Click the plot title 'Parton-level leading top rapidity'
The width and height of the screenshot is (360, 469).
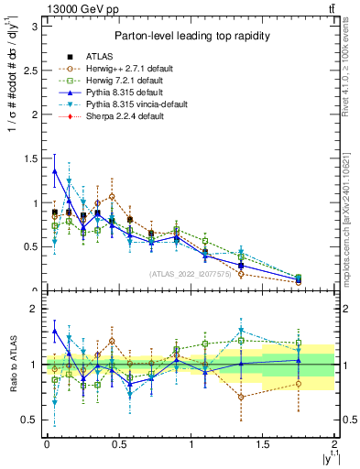point(190,36)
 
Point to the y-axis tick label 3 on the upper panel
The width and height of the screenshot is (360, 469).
point(33,27)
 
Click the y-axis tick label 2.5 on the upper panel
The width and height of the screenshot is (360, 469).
point(29,71)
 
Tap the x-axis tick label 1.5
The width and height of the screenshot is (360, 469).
point(263,445)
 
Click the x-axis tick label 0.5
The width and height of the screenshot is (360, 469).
point(118,445)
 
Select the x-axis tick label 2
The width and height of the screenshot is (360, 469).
point(335,445)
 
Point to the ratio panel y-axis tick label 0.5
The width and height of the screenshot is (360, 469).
point(29,420)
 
